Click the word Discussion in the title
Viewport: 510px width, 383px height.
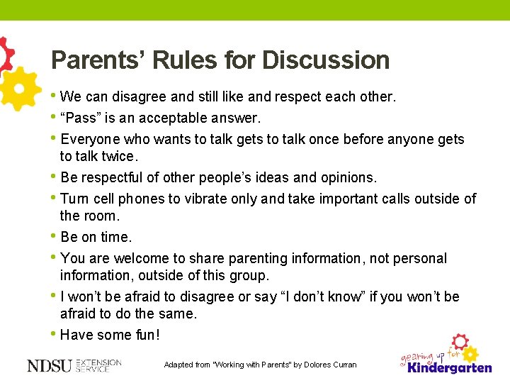click(x=326, y=60)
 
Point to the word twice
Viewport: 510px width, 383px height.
click(x=118, y=156)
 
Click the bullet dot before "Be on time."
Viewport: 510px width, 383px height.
click(x=55, y=236)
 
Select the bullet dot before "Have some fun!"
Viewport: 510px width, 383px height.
click(x=55, y=334)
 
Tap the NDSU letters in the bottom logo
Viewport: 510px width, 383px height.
click(x=50, y=365)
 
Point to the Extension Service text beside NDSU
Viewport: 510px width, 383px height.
click(x=98, y=365)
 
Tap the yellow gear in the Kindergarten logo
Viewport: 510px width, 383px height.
click(x=470, y=353)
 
